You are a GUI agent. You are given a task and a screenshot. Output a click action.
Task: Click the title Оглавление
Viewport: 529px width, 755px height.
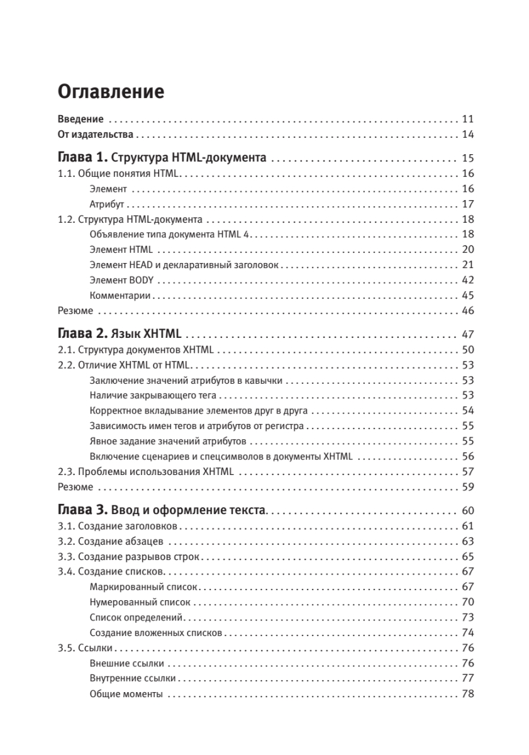click(111, 92)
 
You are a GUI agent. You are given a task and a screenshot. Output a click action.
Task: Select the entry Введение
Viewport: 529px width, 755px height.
click(81, 119)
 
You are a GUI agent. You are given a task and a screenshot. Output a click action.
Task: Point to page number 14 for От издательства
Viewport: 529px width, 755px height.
click(467, 135)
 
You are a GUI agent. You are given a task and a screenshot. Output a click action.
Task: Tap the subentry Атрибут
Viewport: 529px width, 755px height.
click(107, 204)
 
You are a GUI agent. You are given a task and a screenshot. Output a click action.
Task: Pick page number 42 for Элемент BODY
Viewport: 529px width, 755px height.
click(467, 279)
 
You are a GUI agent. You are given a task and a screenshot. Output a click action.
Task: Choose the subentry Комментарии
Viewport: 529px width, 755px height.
click(120, 295)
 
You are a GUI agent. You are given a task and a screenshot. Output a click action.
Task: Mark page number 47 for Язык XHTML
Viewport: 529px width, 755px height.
click(467, 334)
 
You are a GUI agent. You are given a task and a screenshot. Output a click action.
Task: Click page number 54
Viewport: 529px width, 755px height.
click(467, 411)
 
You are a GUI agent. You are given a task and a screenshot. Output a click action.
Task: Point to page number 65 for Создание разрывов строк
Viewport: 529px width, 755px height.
click(467, 557)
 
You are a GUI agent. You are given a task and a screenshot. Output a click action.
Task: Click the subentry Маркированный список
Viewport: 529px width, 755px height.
click(143, 586)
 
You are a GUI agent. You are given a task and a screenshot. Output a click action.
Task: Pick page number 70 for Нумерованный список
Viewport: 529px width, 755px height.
click(467, 602)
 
